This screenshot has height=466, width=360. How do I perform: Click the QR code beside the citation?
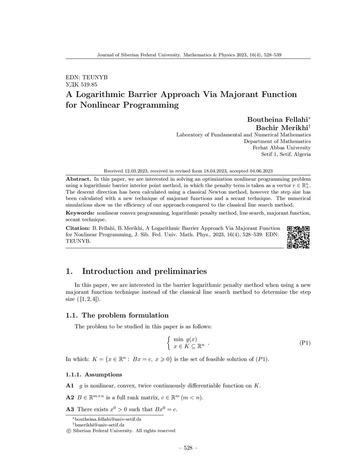point(298,237)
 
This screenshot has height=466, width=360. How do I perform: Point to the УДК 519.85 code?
point(81,85)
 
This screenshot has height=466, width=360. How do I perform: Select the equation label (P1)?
point(305,343)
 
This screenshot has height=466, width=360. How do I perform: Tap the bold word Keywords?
point(80,213)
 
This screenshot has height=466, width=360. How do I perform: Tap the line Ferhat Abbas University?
point(282,148)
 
